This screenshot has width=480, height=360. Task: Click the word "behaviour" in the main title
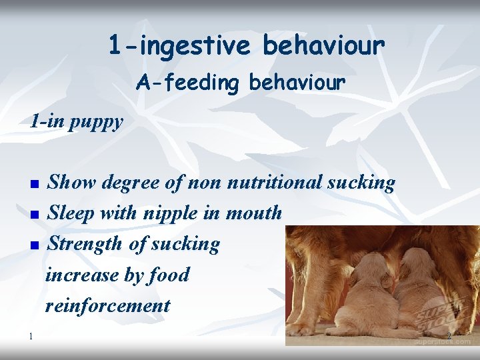[x=323, y=46]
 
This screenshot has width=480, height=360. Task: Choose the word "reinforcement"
[x=107, y=305]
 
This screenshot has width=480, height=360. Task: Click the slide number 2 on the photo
[x=449, y=336]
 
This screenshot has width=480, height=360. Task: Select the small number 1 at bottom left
[x=31, y=335]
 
